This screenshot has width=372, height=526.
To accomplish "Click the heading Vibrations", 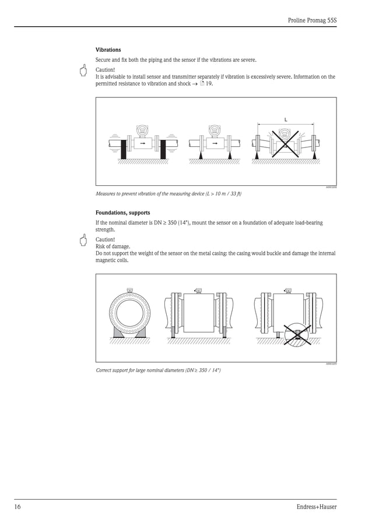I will [x=108, y=50].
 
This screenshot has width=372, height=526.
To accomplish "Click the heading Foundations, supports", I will [x=122, y=213].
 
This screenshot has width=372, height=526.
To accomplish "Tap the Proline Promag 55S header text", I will [x=312, y=20].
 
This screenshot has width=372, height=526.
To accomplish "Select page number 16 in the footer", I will [x=17, y=507].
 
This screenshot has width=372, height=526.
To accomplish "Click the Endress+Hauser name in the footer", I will [x=316, y=507].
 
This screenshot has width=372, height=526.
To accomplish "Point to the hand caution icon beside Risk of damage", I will [x=83, y=241].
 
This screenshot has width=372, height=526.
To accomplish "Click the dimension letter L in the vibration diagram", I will [x=285, y=119].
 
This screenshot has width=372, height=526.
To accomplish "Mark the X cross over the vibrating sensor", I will [x=285, y=142].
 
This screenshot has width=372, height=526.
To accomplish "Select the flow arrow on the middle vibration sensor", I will [x=215, y=143].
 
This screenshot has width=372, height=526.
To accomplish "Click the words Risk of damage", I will [x=113, y=246].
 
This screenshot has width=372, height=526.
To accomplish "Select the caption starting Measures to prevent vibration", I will [x=169, y=193].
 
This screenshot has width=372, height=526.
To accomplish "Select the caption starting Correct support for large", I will [x=158, y=370].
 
